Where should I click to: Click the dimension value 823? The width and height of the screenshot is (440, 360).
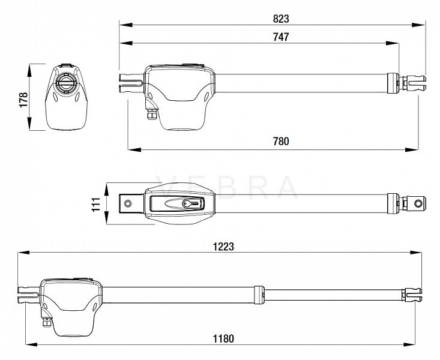(280, 19)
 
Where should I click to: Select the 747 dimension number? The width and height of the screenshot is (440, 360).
(280, 37)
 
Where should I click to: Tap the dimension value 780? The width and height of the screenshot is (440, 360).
(281, 141)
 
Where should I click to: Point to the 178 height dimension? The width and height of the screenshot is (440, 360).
(23, 100)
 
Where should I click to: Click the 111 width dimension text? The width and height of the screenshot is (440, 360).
(96, 204)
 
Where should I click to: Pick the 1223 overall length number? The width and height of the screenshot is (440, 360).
(223, 247)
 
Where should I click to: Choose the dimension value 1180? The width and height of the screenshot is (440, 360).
(223, 338)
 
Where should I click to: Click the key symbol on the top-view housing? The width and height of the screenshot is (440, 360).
(193, 203)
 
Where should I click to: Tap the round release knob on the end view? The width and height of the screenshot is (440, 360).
(67, 82)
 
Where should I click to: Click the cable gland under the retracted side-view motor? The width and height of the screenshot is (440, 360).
(151, 114)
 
